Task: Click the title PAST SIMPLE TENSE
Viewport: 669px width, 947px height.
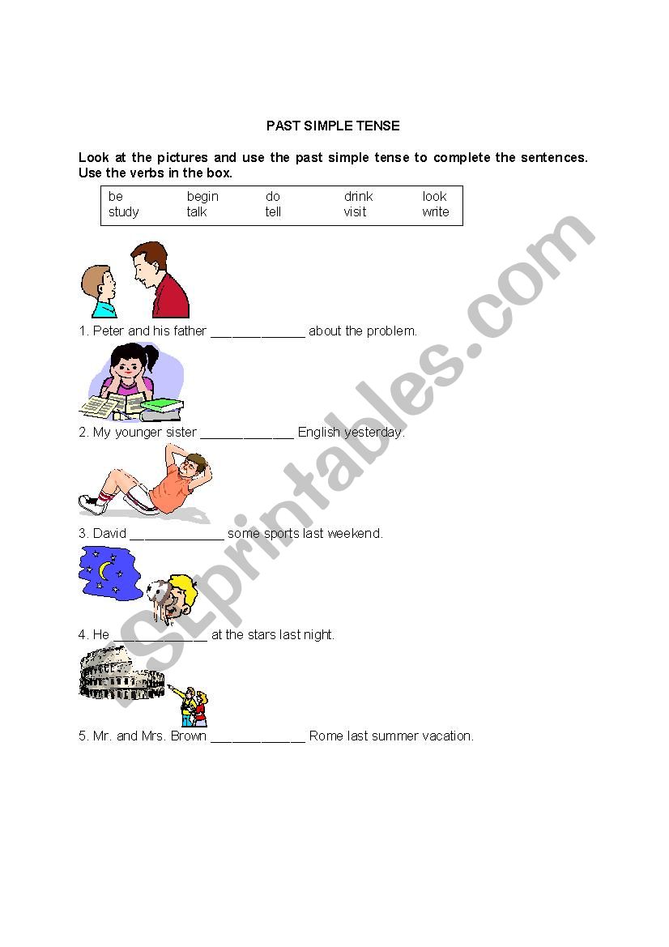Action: coord(333,126)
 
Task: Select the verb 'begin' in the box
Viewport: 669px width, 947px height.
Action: coord(202,197)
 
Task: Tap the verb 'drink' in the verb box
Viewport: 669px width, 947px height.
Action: coord(358,196)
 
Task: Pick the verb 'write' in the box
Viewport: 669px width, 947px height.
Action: coord(435,212)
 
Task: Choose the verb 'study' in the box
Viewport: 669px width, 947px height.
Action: coord(123,212)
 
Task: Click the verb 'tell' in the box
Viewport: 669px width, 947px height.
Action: coord(273,212)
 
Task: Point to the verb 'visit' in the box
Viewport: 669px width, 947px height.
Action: coord(355,212)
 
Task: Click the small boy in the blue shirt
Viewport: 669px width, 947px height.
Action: coord(99,291)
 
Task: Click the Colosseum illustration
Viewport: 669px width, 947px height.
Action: coord(121,673)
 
